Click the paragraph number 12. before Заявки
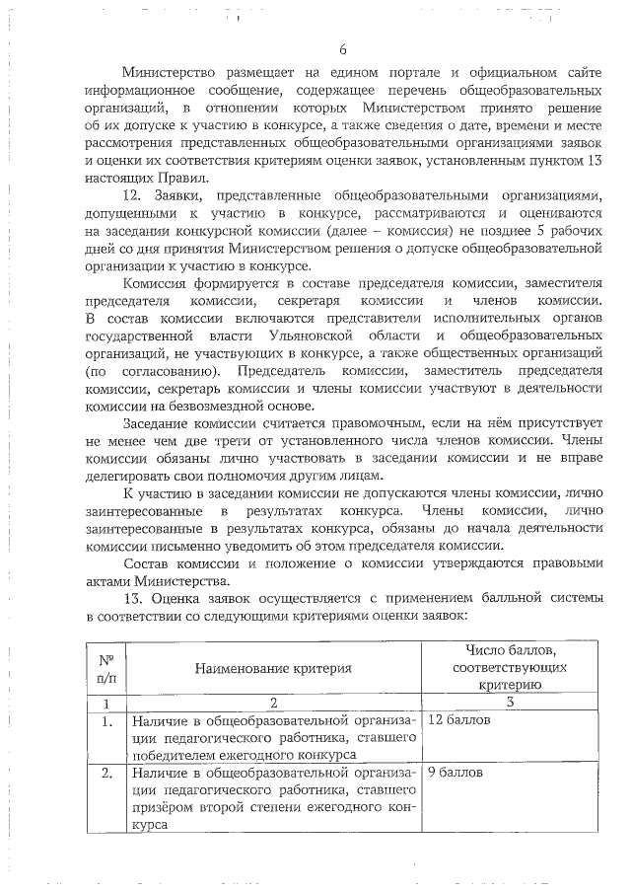tap(134, 195)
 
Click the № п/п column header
tap(105, 668)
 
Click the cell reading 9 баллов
tap(456, 773)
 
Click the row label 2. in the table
tap(105, 773)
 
